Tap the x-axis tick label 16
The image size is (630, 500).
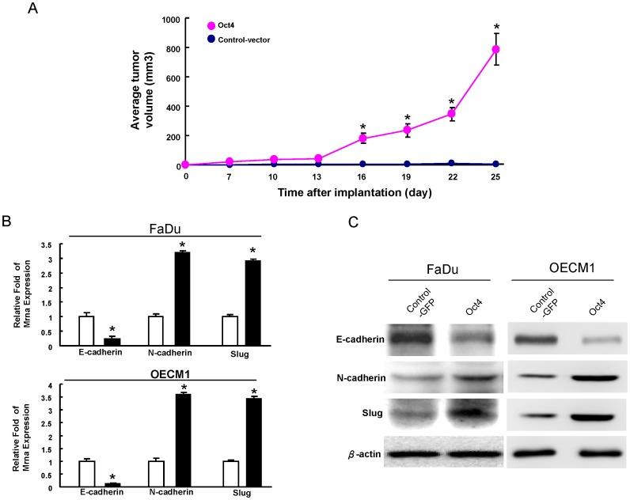point(363,178)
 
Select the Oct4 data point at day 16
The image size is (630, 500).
point(363,138)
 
